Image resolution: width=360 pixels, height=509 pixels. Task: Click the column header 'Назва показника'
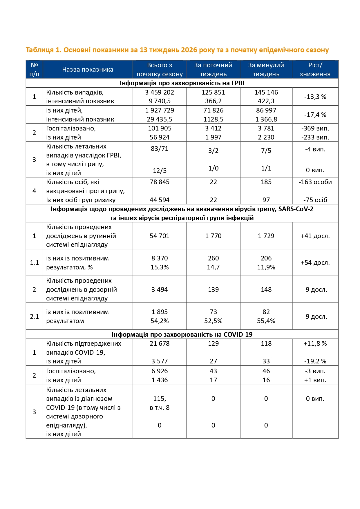click(x=88, y=70)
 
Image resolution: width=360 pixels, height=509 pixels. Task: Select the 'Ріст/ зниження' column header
click(x=315, y=70)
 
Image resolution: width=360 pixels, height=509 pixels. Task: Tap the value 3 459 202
click(x=160, y=92)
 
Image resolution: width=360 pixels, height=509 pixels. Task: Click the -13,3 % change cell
click(x=315, y=97)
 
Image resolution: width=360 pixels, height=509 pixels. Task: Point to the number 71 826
click(x=213, y=110)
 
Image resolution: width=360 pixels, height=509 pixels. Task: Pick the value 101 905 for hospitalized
click(x=160, y=128)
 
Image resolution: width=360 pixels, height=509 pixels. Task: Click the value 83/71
click(x=160, y=148)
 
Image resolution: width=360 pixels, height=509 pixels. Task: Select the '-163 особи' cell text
click(x=315, y=182)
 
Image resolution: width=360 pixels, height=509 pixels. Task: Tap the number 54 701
click(x=160, y=236)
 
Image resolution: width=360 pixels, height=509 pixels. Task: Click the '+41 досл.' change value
click(x=315, y=236)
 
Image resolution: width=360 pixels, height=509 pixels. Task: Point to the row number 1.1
click(x=34, y=262)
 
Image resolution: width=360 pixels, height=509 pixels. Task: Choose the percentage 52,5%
click(x=213, y=321)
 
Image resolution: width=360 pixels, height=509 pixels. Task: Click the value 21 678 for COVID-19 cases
click(x=160, y=343)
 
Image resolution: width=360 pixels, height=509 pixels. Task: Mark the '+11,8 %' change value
click(x=315, y=343)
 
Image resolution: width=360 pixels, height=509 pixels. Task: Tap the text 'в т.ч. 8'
click(x=160, y=407)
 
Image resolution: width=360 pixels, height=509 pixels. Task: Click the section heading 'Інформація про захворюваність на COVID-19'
click(x=182, y=334)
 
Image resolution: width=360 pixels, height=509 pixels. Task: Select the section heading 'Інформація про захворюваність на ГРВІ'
click(x=182, y=83)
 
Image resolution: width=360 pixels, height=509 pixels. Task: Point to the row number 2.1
click(x=34, y=316)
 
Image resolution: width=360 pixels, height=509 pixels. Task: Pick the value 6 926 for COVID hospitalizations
click(x=160, y=371)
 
